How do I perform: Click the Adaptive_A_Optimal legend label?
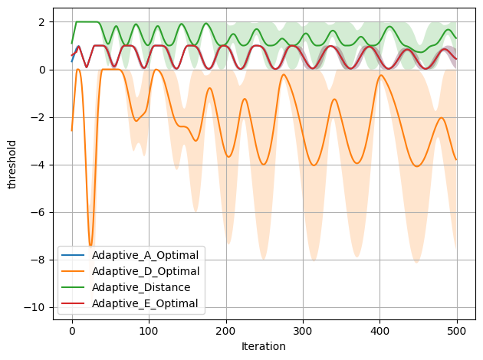pos(145,254)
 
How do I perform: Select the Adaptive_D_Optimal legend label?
pos(145,271)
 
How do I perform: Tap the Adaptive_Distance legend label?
pos(139,287)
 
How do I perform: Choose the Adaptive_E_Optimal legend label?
pos(144,304)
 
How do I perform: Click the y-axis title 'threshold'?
pos(11,163)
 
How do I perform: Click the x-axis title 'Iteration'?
pos(264,346)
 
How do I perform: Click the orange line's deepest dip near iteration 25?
pos(90,247)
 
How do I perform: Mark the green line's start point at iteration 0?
pos(72,43)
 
